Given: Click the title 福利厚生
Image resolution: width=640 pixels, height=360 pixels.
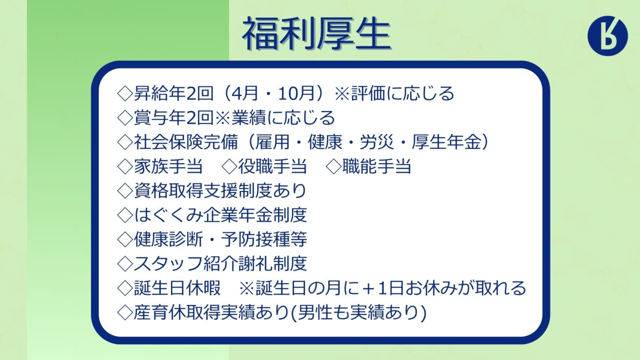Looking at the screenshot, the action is point(317,34).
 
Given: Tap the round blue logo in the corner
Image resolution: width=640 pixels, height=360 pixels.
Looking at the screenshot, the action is point(607,36).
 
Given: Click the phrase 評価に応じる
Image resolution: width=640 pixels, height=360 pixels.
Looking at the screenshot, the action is point(403,93).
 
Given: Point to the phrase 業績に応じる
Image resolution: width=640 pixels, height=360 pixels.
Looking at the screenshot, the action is point(283,118).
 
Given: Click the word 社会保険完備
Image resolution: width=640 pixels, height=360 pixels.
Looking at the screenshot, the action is point(186,142).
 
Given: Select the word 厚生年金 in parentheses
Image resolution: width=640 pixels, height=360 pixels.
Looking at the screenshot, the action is point(446,142).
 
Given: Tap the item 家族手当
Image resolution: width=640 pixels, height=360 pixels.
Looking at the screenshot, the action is point(169,166).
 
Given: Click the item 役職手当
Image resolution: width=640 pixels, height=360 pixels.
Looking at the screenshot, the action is point(273,166).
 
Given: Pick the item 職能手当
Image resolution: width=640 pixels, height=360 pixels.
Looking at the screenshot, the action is point(377,166).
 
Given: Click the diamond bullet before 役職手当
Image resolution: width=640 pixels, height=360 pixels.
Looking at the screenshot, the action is point(229,166).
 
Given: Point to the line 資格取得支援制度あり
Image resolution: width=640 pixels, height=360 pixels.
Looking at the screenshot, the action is point(220,190).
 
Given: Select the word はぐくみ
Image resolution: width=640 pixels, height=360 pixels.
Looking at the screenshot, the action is point(169,215).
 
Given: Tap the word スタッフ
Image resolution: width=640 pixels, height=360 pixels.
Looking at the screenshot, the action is point(169,263).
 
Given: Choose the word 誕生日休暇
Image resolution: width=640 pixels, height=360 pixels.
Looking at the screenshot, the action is point(178,287).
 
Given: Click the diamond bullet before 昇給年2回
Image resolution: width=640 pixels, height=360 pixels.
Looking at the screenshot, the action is point(125,94).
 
